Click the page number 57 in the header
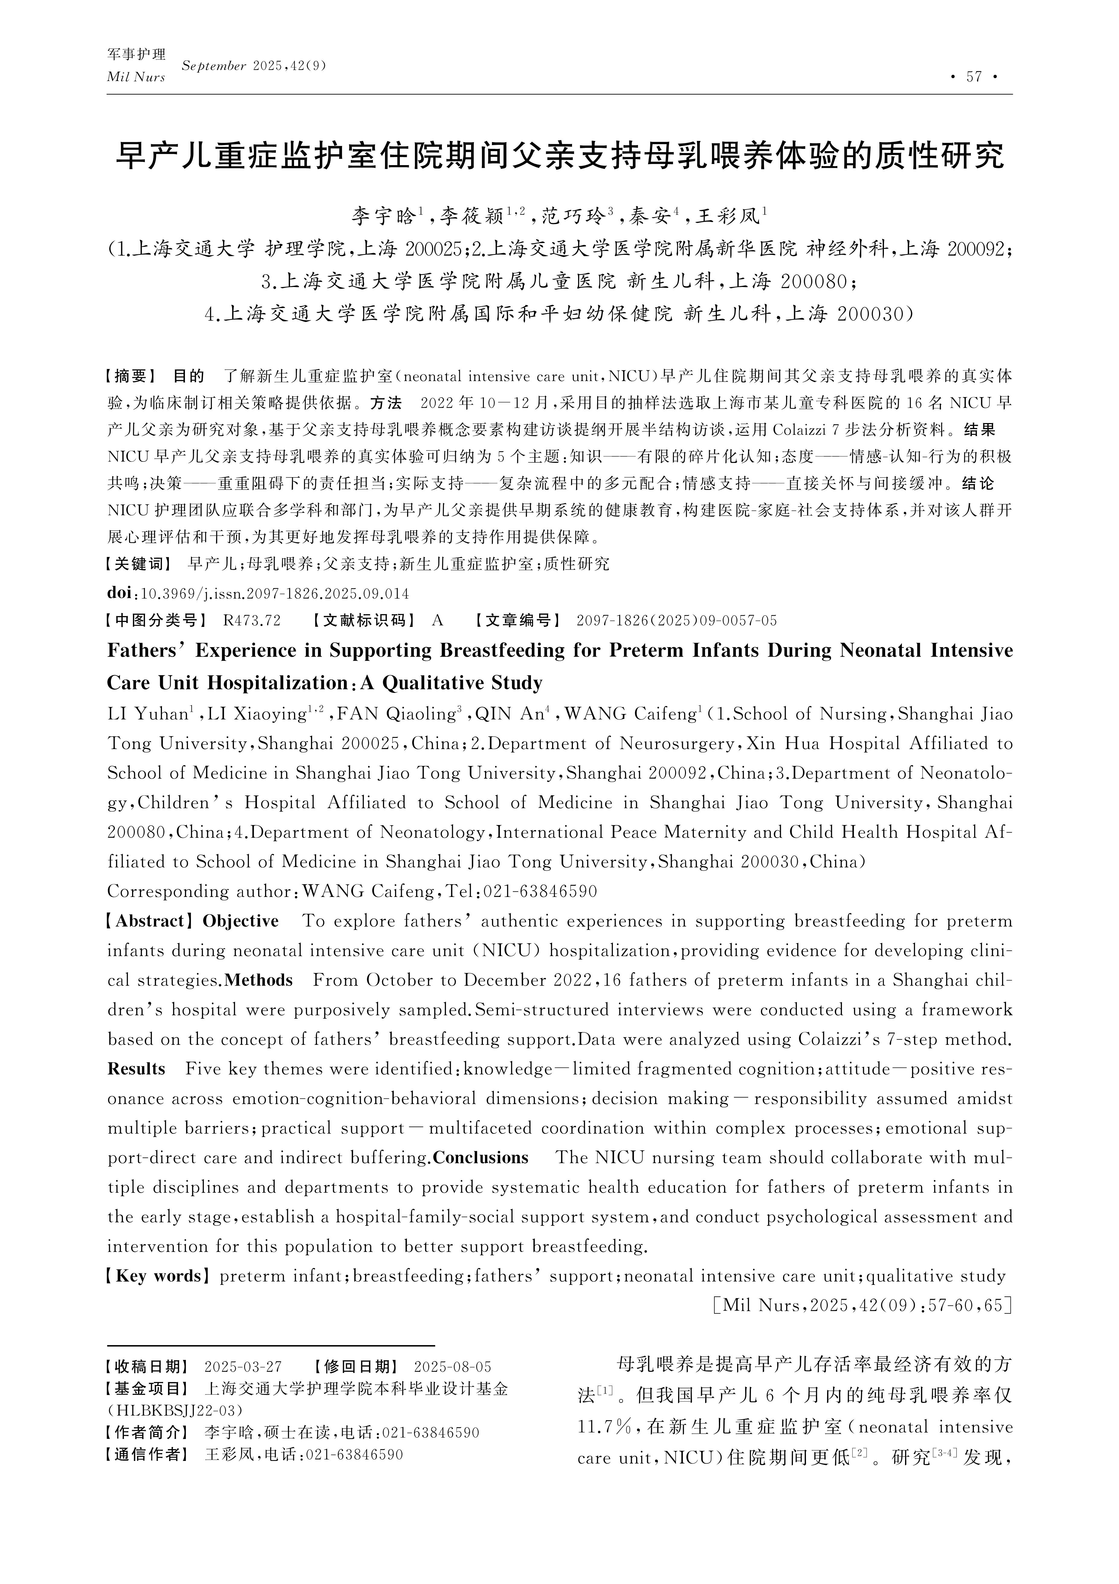(974, 77)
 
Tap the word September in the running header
(214, 66)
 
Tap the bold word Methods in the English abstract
(259, 980)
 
